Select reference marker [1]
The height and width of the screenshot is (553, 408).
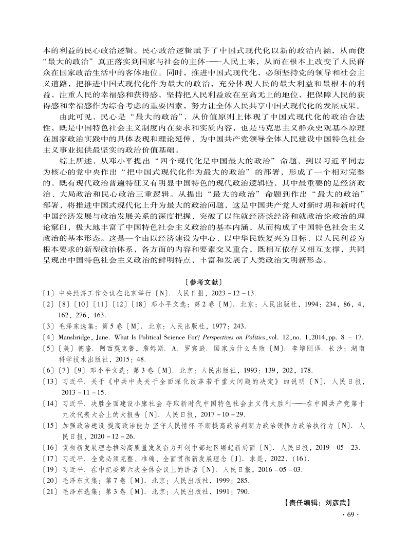(x=48, y=294)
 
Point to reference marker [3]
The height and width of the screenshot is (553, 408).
(x=48, y=326)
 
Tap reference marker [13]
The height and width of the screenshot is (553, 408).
(x=50, y=383)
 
